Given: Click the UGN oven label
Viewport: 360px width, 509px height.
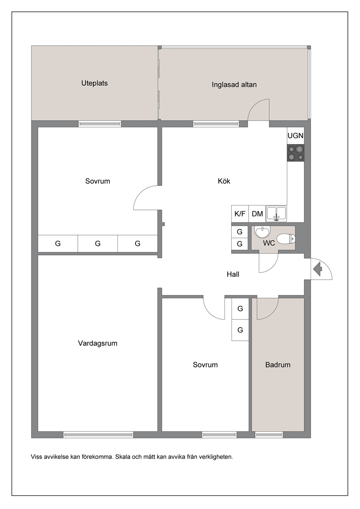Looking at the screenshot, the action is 295,136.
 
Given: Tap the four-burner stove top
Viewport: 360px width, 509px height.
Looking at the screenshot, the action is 296,153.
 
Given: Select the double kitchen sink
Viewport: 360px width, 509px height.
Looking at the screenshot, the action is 277,214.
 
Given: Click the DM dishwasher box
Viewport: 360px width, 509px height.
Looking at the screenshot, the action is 257,214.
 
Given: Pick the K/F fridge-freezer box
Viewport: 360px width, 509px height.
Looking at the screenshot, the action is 240,214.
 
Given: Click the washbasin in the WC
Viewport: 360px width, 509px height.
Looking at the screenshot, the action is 262,232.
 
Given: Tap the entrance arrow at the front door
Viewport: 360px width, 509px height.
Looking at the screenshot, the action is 318,269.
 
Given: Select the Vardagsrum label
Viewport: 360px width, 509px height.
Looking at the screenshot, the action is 98,343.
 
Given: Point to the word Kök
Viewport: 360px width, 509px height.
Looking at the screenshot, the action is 224,181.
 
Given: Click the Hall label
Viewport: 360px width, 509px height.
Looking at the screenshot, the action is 233,274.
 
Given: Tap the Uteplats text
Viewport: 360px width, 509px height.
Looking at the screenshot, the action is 95,83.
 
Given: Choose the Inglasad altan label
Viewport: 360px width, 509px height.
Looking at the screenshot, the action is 234,85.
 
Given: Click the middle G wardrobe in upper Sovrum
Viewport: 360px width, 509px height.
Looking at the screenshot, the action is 98,243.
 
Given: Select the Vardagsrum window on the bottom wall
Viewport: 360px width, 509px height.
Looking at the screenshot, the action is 98,435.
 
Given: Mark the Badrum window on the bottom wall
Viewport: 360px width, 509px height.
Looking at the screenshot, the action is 269,435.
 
